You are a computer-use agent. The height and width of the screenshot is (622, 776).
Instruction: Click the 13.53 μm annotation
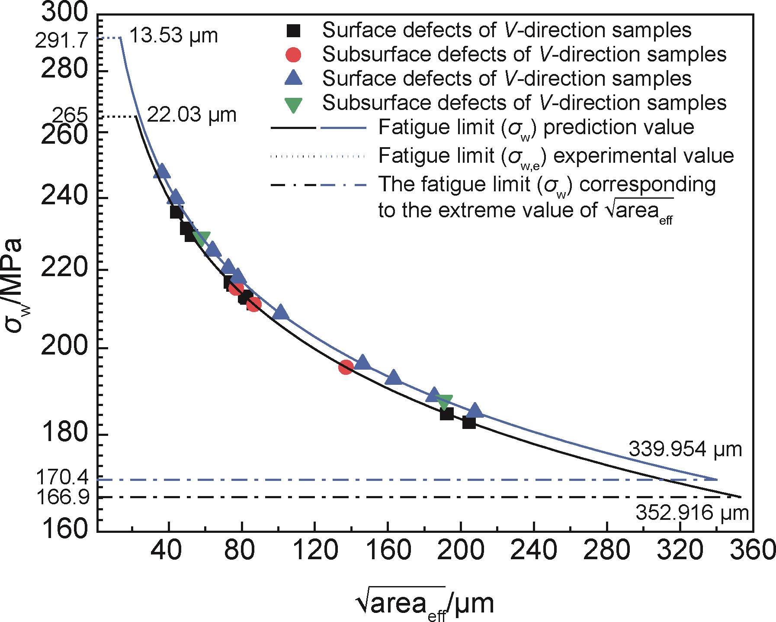click(173, 35)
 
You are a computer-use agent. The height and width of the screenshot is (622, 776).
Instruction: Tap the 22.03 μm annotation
click(192, 115)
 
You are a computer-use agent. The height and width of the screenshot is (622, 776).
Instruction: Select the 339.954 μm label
click(685, 450)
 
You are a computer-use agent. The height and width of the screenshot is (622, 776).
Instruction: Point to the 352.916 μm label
click(692, 513)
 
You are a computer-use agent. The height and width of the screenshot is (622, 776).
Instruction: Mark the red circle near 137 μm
click(346, 367)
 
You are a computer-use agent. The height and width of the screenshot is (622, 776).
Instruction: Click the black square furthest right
click(469, 422)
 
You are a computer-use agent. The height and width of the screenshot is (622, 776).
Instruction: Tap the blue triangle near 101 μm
click(281, 311)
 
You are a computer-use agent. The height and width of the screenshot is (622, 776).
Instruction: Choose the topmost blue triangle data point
click(162, 171)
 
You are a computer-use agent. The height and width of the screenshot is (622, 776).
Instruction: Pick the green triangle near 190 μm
click(444, 401)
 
